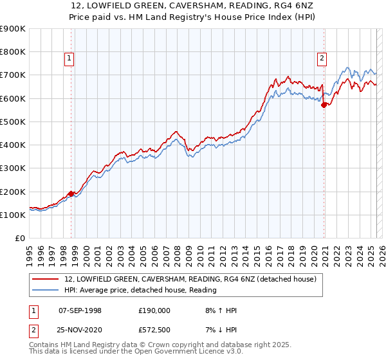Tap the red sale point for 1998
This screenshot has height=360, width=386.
[71, 193]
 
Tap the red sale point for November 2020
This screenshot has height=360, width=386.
[324, 105]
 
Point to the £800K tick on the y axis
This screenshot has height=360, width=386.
[13, 51]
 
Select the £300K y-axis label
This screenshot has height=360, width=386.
[13, 168]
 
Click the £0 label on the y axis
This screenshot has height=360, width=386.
[20, 239]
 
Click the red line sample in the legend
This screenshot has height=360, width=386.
[45, 280]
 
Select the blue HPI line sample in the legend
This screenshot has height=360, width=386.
[45, 290]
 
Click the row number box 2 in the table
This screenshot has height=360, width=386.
[33, 329]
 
